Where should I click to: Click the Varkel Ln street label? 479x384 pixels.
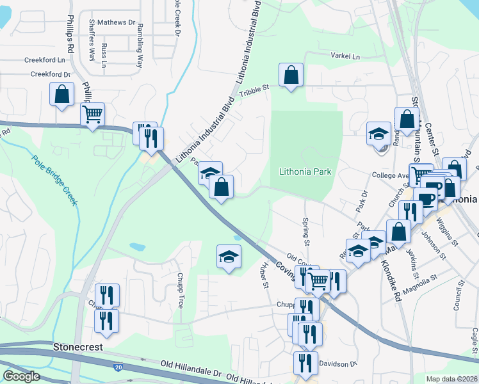tap(345, 56)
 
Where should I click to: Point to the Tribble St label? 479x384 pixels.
tap(254, 93)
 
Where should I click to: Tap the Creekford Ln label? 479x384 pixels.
tap(45, 60)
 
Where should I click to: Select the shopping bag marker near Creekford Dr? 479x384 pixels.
tap(62, 94)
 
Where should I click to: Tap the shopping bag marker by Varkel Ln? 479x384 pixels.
tap(291, 75)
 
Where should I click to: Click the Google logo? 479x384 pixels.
tap(22, 376)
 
